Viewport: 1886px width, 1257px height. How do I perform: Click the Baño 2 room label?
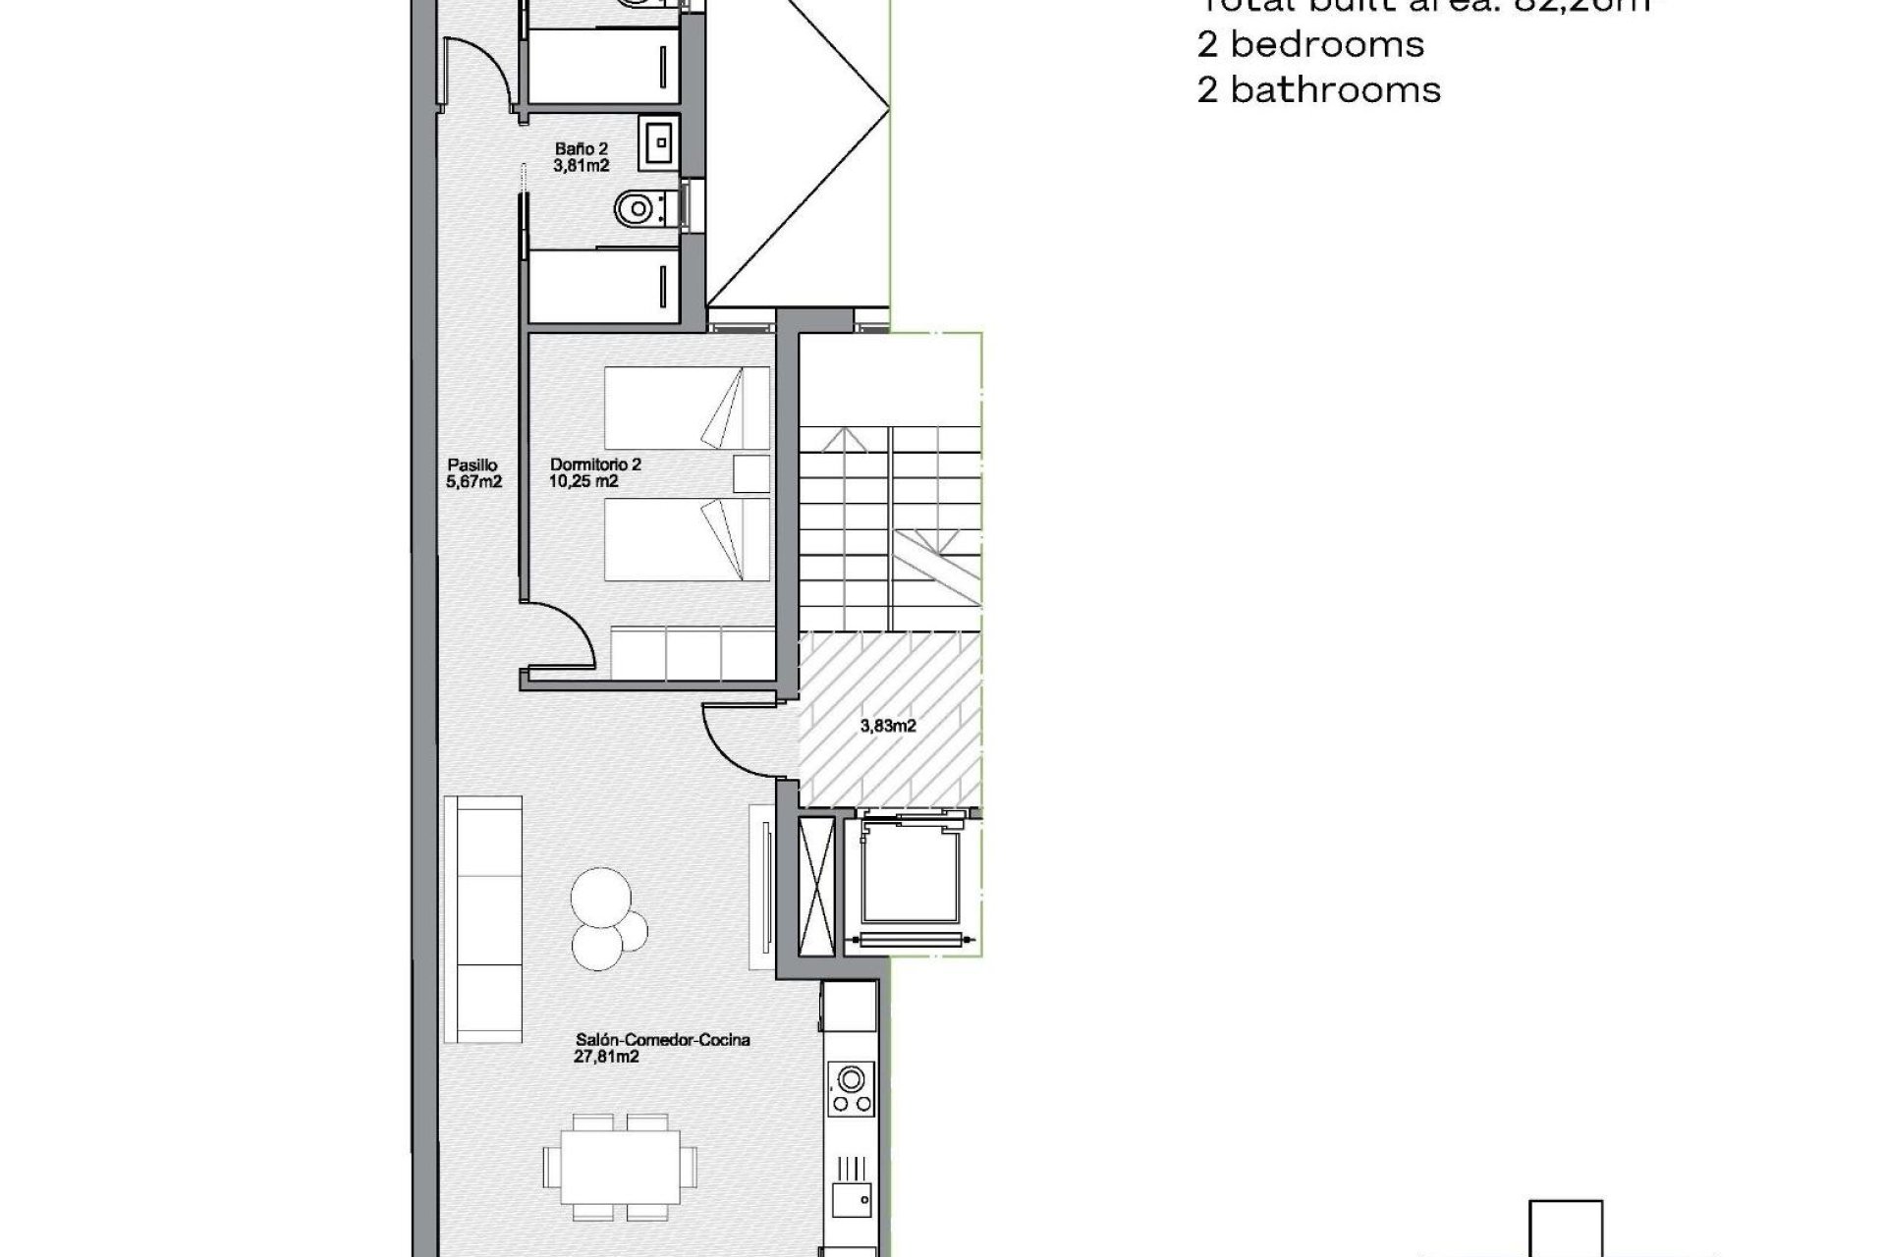pos(582,149)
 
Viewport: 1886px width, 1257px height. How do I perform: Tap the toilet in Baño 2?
pos(635,208)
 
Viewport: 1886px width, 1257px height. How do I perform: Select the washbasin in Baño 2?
pos(657,141)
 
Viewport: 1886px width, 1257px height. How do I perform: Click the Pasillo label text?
pos(473,465)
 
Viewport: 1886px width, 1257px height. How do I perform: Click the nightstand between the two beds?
pos(751,473)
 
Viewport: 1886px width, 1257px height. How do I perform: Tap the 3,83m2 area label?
pos(888,727)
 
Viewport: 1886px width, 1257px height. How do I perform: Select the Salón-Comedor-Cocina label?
pos(663,1040)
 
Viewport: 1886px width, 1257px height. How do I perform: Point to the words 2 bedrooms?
pos(1310,44)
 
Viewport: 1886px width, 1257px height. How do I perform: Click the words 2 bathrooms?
pos(1318,90)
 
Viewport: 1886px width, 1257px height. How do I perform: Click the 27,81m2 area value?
pos(606,1058)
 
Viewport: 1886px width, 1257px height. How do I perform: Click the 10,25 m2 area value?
pos(583,481)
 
